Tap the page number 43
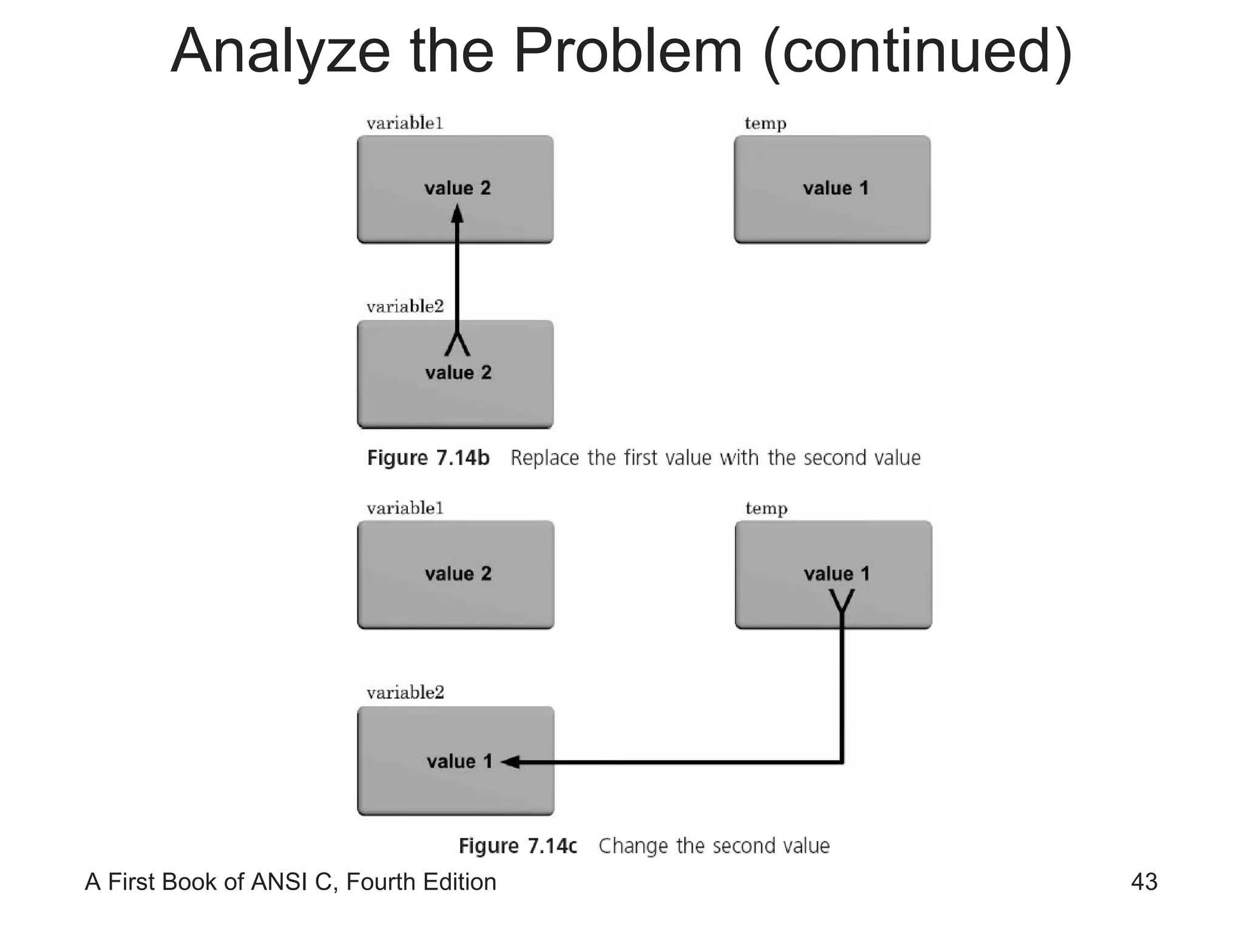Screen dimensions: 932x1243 [x=1144, y=882]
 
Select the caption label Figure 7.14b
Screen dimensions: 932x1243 [x=428, y=458]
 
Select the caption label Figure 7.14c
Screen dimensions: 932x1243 [x=517, y=845]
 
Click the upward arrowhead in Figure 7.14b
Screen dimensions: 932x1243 [x=457, y=214]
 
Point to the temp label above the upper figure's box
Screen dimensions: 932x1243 [x=765, y=124]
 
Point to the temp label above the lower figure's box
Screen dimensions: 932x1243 [x=766, y=508]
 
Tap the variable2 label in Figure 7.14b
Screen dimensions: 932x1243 [x=405, y=306]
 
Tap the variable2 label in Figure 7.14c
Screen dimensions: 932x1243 [x=405, y=692]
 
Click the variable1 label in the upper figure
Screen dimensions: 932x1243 [x=405, y=123]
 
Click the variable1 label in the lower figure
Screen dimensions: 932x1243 [x=405, y=508]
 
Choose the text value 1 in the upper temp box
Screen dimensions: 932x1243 [x=835, y=188]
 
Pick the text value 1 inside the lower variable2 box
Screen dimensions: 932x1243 [x=459, y=761]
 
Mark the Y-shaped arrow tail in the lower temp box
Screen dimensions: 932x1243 [x=841, y=601]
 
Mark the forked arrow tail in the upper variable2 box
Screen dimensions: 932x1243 [x=457, y=344]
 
